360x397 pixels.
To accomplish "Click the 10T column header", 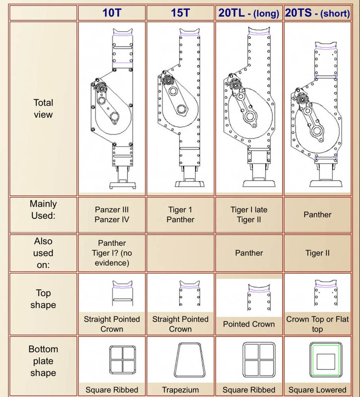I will point(112,13).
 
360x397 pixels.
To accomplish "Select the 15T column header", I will point(180,13).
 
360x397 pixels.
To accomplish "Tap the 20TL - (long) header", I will point(249,13).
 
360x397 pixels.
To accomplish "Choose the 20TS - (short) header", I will point(317,13).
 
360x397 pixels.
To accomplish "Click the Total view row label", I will point(43,109).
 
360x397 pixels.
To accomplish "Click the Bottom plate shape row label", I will point(43,362).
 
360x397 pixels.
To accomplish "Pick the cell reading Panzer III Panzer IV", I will point(112,214).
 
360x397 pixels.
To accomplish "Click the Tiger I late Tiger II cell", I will point(249,214).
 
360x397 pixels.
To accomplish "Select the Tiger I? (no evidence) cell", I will point(112,253).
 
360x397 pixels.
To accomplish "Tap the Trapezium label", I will point(180,390).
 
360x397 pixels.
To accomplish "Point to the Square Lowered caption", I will point(317,390).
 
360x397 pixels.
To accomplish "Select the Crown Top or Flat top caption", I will point(317,324).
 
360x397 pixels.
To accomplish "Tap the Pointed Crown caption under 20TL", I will point(249,324).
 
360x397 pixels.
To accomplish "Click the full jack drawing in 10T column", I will point(112,109).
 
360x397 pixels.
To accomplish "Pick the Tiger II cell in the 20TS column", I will point(317,253).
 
